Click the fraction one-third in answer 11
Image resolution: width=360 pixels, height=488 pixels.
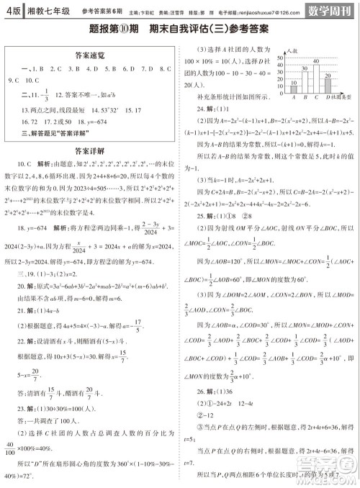[x=45, y=94]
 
